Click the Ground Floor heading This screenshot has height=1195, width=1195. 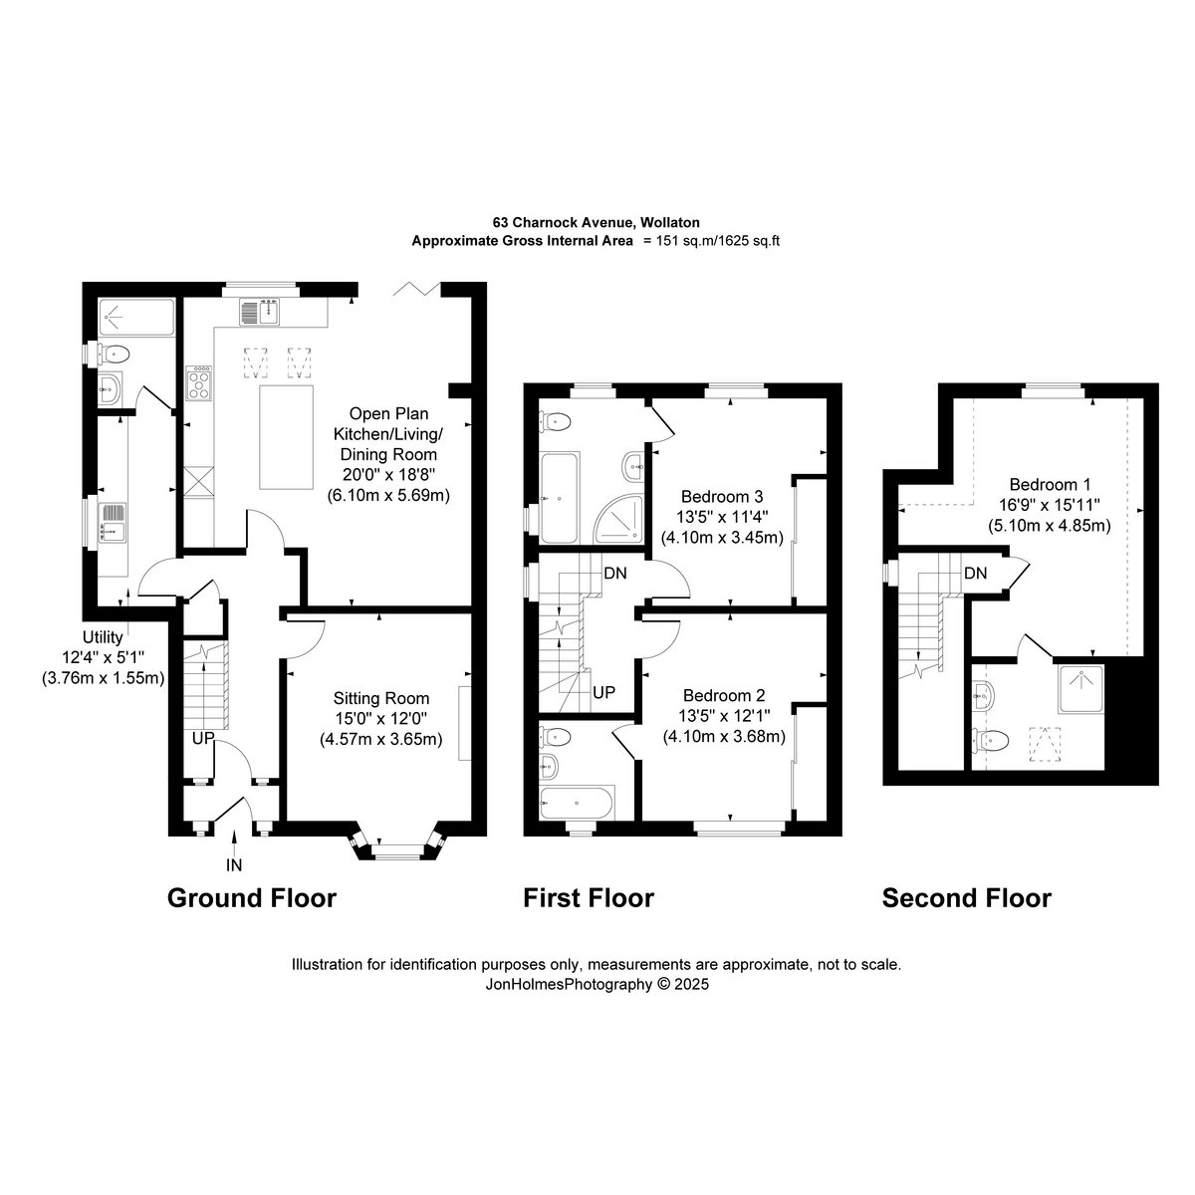click(252, 898)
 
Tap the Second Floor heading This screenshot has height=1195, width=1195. click(967, 898)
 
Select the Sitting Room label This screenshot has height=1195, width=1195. click(381, 698)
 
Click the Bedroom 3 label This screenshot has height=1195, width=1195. click(722, 497)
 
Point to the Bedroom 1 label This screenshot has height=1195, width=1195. click(1050, 484)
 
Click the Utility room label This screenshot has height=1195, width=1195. click(103, 637)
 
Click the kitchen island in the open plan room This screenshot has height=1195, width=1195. click(286, 436)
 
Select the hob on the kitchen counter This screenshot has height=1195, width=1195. click(199, 382)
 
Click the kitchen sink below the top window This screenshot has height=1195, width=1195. click(260, 312)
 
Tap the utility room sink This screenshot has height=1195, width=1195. click(113, 522)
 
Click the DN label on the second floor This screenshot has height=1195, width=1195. click(976, 574)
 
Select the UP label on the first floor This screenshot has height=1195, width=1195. click(604, 693)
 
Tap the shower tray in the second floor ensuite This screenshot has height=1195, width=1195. click(1081, 688)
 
